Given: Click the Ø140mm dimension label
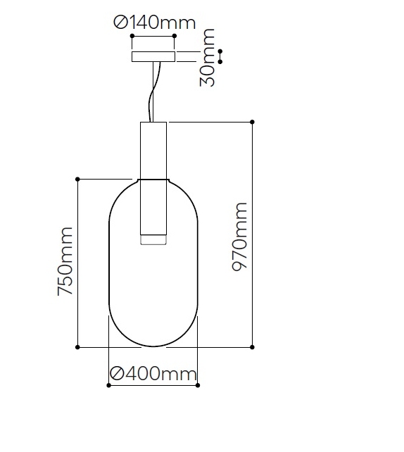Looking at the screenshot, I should pyautogui.click(x=154, y=23).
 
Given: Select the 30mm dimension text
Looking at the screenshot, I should pyautogui.click(x=208, y=58).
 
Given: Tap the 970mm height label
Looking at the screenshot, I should pyautogui.click(x=240, y=237).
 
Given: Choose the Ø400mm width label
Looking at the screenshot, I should pyautogui.click(x=153, y=373).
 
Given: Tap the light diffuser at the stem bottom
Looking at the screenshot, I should pyautogui.click(x=153, y=240).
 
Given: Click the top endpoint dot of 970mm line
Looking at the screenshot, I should pyautogui.click(x=253, y=122).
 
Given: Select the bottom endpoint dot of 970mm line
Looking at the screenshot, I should pyautogui.click(x=253, y=347).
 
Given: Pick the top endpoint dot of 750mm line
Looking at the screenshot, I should pyautogui.click(x=77, y=179).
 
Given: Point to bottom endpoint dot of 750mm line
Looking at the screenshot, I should pyautogui.click(x=77, y=347).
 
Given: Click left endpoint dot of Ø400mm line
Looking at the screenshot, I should pyautogui.click(x=108, y=385).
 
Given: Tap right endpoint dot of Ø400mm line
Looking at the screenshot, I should pyautogui.click(x=198, y=385).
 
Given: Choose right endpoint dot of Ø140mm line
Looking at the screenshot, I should pyautogui.click(x=174, y=36).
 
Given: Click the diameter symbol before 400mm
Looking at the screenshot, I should pyautogui.click(x=118, y=373).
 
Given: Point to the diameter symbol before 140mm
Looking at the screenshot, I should pyautogui.click(x=120, y=23).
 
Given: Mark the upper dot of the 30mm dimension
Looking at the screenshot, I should pyautogui.click(x=220, y=51).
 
